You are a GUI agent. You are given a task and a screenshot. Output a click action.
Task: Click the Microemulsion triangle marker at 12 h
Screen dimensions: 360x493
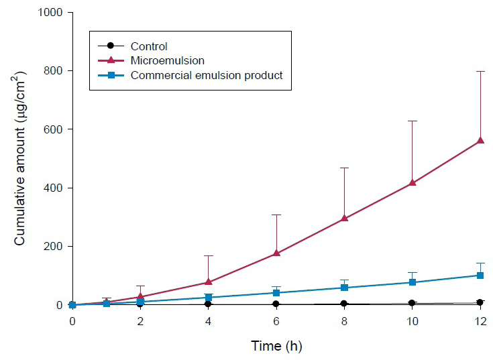480,140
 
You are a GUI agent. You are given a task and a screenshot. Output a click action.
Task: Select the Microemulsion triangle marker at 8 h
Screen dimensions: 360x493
344,218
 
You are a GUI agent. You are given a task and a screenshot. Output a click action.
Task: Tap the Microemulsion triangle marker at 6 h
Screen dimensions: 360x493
276,253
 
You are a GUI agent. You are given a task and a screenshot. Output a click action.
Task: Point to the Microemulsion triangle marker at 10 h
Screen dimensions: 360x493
413,182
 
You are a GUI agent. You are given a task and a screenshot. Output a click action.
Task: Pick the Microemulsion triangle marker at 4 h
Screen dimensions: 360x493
209,282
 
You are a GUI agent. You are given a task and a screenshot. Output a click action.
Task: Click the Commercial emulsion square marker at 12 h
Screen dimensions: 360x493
480,275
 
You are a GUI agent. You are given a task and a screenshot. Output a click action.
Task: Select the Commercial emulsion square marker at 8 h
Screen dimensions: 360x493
344,288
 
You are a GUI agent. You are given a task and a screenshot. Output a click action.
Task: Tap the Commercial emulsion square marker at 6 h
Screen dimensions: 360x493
276,293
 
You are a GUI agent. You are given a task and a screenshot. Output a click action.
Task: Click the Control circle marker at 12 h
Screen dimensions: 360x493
480,302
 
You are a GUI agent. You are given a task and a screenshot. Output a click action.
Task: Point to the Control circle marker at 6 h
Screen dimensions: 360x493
276,304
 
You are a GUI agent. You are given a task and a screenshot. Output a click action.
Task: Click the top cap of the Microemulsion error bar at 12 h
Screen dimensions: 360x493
480,71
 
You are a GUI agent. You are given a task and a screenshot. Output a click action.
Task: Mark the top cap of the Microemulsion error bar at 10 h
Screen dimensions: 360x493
413,121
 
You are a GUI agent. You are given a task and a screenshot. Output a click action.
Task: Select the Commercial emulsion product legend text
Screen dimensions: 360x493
207,75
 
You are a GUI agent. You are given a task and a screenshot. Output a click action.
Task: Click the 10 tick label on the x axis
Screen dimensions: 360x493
413,321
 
